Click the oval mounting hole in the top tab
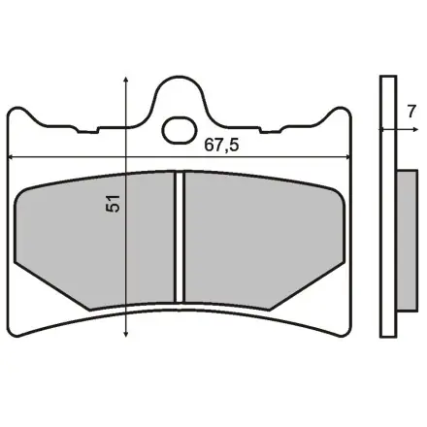click(x=180, y=127)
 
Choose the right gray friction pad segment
click(x=257, y=238)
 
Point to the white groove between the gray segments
click(x=179, y=238)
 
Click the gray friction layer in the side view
click(x=404, y=243)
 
